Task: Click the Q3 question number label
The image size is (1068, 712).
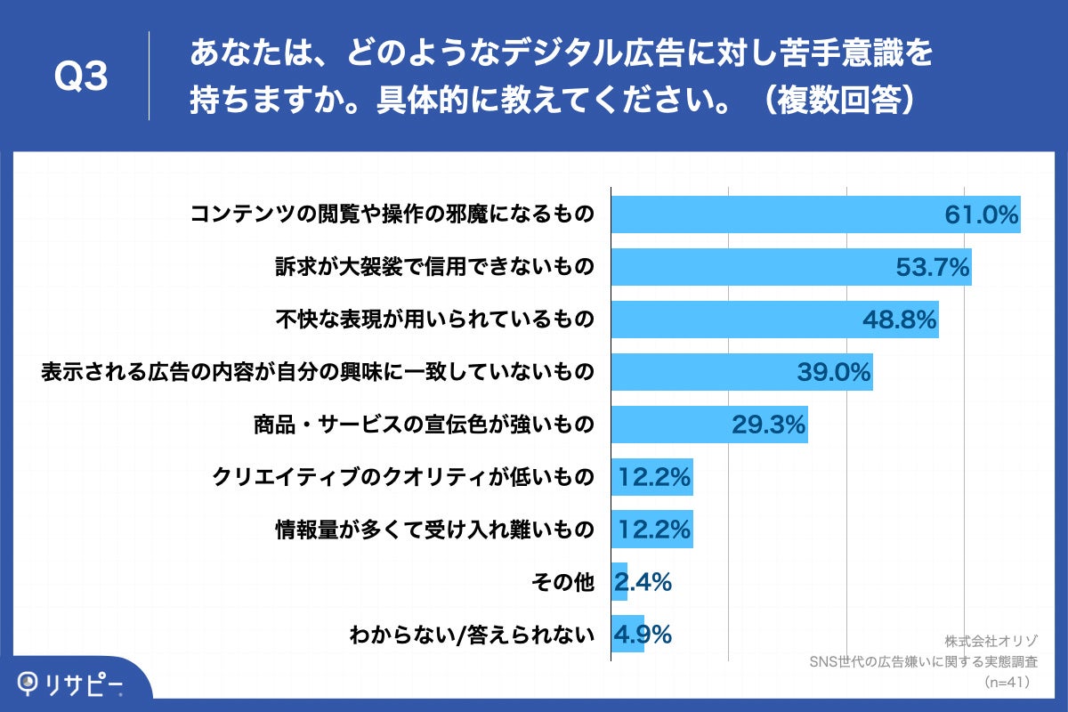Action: pos(81,77)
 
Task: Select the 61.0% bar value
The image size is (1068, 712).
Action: pos(981,214)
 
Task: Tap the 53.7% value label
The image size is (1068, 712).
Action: pos(931,267)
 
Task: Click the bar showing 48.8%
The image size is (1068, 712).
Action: pos(774,320)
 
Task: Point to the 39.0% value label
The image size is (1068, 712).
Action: pos(833,372)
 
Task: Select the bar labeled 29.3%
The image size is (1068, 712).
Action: pos(708,425)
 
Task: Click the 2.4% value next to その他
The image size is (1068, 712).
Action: pos(642,582)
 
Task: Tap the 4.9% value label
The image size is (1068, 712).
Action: pos(642,635)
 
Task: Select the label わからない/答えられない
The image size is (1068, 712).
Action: pos(471,635)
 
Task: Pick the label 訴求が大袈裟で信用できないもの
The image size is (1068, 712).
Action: pos(433,267)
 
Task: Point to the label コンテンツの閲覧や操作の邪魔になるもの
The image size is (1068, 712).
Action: pos(392,214)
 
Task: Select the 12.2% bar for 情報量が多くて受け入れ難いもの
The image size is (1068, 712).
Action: pos(651,530)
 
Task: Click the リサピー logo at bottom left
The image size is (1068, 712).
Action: pos(71,684)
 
